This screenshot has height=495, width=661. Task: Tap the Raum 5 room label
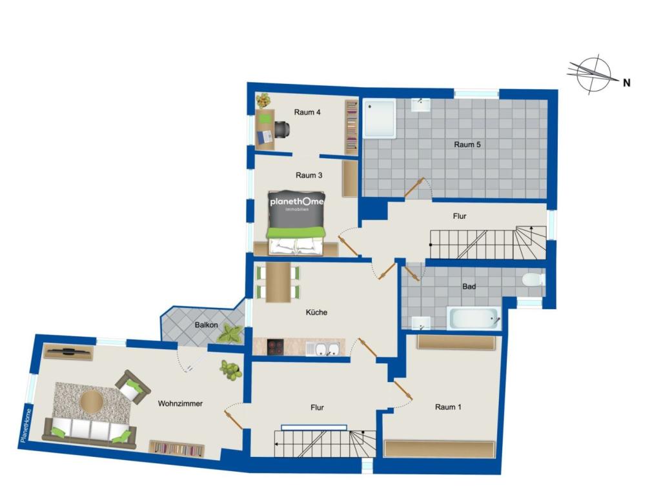[467, 145]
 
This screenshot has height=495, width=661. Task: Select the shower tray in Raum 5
[380, 119]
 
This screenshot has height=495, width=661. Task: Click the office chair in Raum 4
[281, 129]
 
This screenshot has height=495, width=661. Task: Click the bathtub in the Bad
[474, 318]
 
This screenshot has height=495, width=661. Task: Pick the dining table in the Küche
[278, 282]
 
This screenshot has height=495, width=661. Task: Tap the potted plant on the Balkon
[230, 334]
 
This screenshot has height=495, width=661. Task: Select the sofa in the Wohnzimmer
[89, 431]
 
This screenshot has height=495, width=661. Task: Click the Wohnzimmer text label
[180, 403]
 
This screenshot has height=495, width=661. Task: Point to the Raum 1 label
[448, 407]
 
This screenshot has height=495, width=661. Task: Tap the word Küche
[316, 312]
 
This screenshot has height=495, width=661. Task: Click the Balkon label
[206, 325]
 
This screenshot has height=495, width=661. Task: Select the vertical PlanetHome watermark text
[25, 427]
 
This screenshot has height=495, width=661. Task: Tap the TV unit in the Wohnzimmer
[68, 352]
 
